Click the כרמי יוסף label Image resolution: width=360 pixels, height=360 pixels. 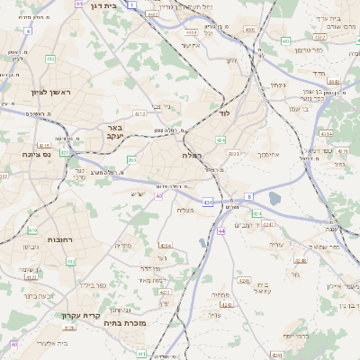[x=300, y=336]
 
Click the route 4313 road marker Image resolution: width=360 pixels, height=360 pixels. [x=139, y=114]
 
